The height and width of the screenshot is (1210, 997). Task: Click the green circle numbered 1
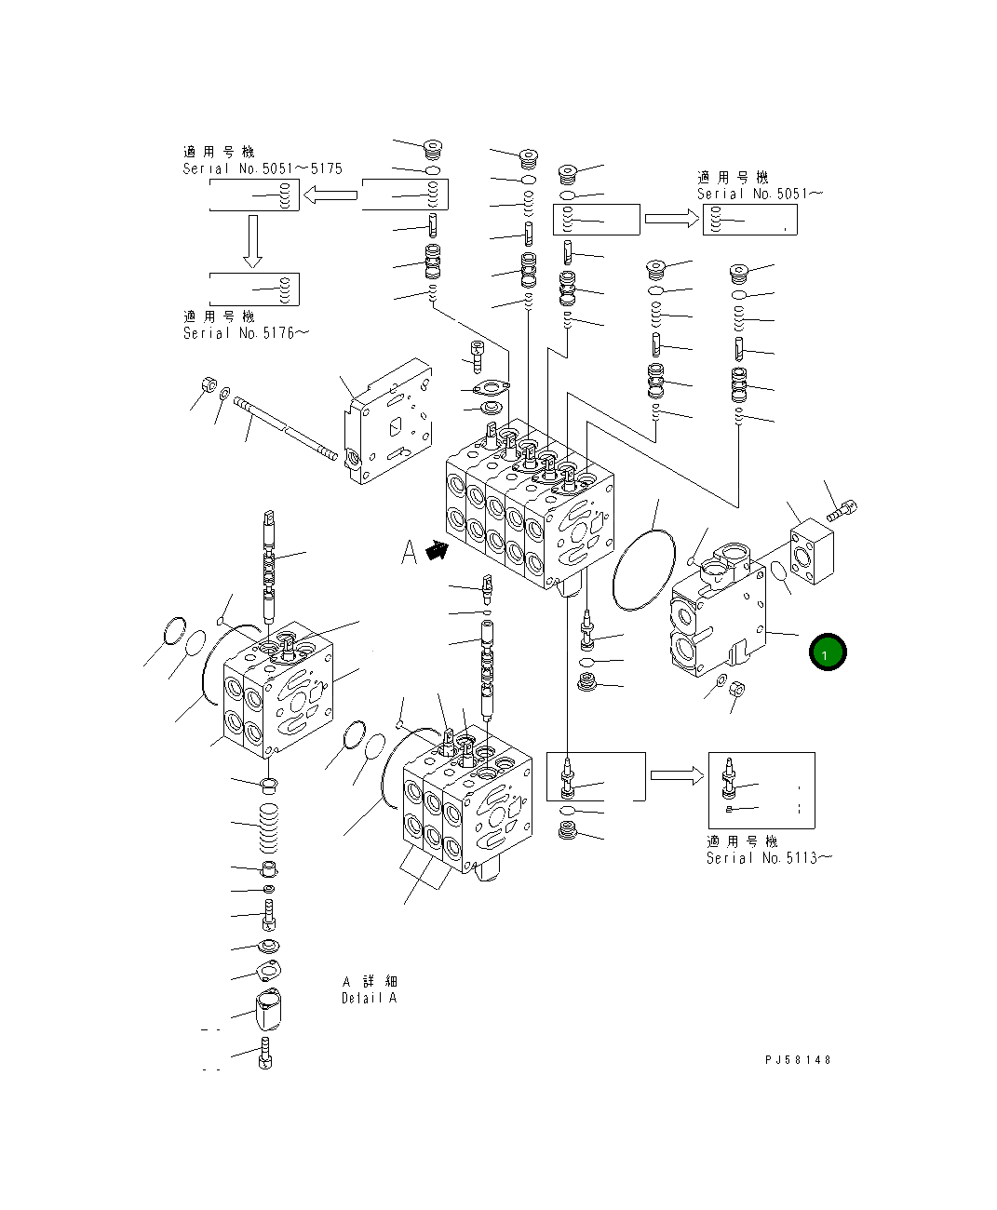pyautogui.click(x=827, y=652)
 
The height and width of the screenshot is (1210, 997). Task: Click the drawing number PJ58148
pyautogui.click(x=798, y=1060)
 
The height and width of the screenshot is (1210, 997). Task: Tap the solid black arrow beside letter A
pyautogui.click(x=435, y=551)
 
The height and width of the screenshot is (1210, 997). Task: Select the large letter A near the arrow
pyautogui.click(x=410, y=552)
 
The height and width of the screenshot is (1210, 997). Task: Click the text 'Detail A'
pyautogui.click(x=369, y=998)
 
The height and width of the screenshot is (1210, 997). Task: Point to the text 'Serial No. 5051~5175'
pyautogui.click(x=263, y=168)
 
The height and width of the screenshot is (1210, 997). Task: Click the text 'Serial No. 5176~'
pyautogui.click(x=245, y=332)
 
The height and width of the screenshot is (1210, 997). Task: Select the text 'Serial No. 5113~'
pyautogui.click(x=769, y=857)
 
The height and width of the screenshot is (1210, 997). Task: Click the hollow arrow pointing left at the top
pyautogui.click(x=330, y=195)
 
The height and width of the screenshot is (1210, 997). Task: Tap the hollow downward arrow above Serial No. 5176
pyautogui.click(x=252, y=241)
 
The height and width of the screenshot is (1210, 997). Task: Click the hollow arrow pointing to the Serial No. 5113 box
pyautogui.click(x=677, y=775)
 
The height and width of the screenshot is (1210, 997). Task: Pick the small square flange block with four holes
pyautogui.click(x=811, y=553)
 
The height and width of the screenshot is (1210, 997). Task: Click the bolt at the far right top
pyautogui.click(x=842, y=509)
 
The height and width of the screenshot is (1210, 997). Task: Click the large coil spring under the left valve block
pyautogui.click(x=267, y=826)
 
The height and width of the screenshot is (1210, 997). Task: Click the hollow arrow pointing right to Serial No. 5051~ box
pyautogui.click(x=671, y=218)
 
